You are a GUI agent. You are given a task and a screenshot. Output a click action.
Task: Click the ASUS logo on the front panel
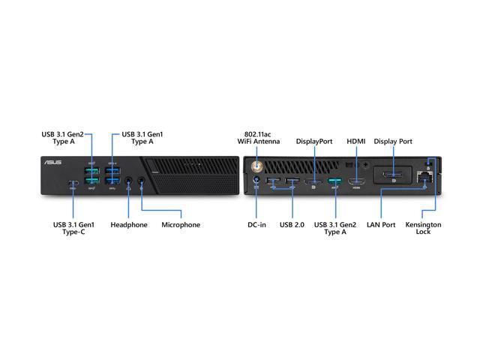pyautogui.click(x=53, y=163)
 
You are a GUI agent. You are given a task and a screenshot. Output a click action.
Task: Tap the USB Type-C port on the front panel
pyautogui.click(x=72, y=183)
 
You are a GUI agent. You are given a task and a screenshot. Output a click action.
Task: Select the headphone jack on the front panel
pyautogui.click(x=129, y=181)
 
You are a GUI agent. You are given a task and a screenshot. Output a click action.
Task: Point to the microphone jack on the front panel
pyautogui.click(x=141, y=181)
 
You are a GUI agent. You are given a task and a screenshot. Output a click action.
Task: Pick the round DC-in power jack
pyautogui.click(x=257, y=180)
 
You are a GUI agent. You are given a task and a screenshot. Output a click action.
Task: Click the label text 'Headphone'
pyautogui.click(x=129, y=225)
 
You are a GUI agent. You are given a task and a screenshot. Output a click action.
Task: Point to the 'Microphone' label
pyautogui.click(x=181, y=225)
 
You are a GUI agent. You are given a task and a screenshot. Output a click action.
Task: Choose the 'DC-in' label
pyautogui.click(x=257, y=225)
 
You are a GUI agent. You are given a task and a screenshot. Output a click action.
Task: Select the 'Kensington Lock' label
pyautogui.click(x=423, y=228)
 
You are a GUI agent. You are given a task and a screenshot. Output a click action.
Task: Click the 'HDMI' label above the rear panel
pyautogui.click(x=356, y=141)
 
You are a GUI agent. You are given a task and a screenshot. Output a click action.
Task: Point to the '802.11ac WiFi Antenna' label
pyautogui.click(x=258, y=137)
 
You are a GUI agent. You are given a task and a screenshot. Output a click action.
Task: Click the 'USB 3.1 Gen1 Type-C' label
pyautogui.click(x=73, y=228)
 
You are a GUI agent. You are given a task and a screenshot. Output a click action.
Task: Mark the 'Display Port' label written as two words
pyautogui.click(x=393, y=141)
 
